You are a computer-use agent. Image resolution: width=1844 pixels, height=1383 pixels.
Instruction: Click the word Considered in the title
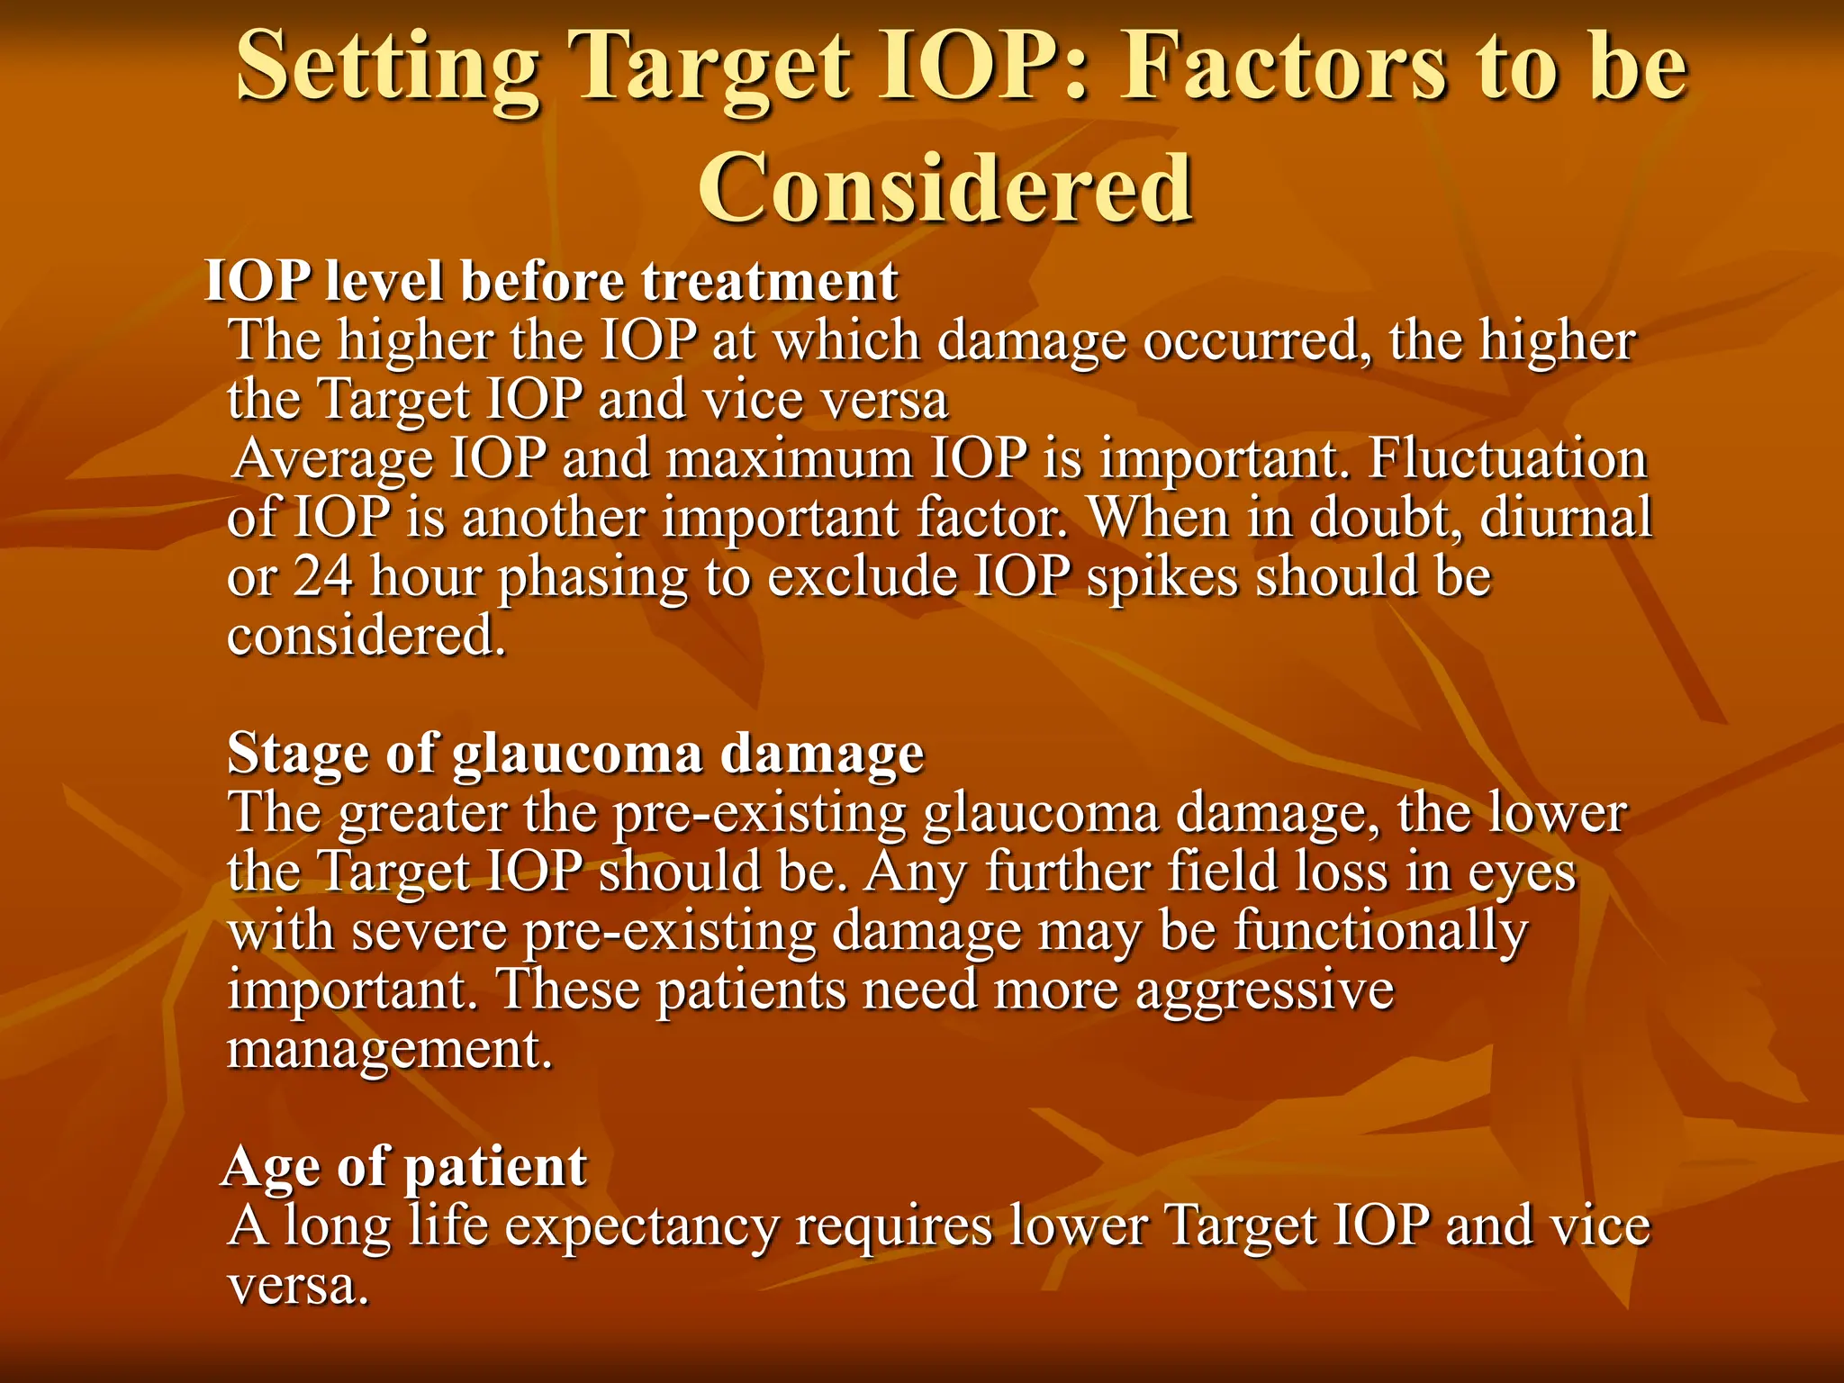tap(945, 187)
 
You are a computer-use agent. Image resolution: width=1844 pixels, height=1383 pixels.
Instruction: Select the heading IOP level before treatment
tap(551, 281)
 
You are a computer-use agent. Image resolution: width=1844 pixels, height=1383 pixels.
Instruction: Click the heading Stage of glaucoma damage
tap(575, 753)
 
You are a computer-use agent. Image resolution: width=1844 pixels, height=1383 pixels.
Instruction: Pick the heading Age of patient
tap(405, 1167)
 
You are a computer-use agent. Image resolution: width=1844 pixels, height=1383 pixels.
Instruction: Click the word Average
tap(332, 459)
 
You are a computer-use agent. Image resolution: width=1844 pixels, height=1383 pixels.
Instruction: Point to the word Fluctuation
tap(1507, 459)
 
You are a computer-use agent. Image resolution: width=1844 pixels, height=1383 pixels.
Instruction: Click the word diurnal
tap(1566, 518)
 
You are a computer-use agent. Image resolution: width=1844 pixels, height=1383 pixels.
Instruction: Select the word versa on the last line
tap(297, 1286)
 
